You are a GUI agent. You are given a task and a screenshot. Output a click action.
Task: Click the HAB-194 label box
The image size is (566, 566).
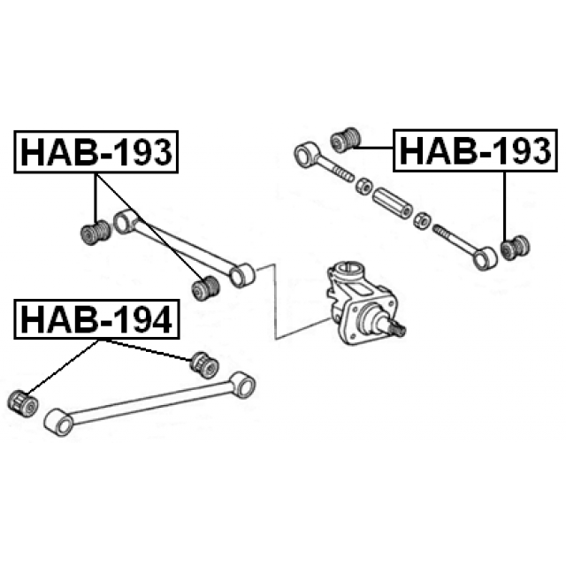[x=96, y=319]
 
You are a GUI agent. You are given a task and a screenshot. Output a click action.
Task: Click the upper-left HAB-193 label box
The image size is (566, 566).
[x=96, y=152]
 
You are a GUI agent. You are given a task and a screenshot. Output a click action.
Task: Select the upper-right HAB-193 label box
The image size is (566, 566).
[x=476, y=150]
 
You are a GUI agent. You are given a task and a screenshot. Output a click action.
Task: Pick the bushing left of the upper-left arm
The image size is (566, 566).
[x=96, y=233]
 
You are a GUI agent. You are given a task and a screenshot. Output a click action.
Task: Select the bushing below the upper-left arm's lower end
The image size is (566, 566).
[x=205, y=288]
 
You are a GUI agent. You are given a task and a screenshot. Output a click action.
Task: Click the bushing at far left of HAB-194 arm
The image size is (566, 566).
[x=22, y=403]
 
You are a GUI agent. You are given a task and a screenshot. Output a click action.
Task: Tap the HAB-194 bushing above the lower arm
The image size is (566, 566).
[x=204, y=364]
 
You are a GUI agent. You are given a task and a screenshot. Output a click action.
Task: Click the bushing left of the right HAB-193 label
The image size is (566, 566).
[x=346, y=140]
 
